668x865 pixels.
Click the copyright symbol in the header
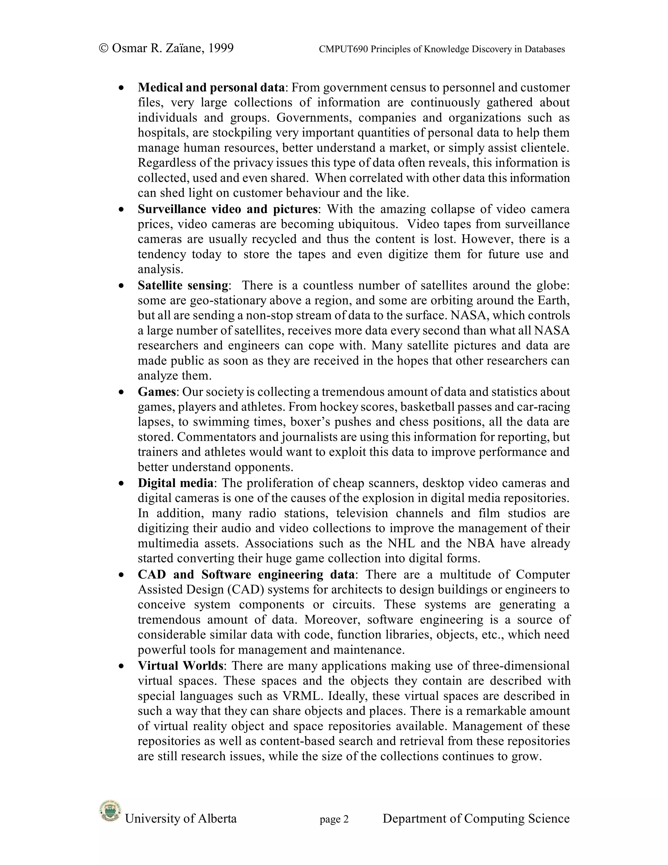(x=103, y=48)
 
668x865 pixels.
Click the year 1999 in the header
(x=220, y=48)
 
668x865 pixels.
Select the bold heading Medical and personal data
(x=211, y=87)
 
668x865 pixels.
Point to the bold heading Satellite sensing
(x=183, y=285)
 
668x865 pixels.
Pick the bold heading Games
(x=157, y=392)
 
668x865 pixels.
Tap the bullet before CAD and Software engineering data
(x=121, y=575)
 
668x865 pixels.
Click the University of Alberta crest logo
(x=109, y=810)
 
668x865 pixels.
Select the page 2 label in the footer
(x=334, y=819)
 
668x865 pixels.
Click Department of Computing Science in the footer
(x=476, y=818)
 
